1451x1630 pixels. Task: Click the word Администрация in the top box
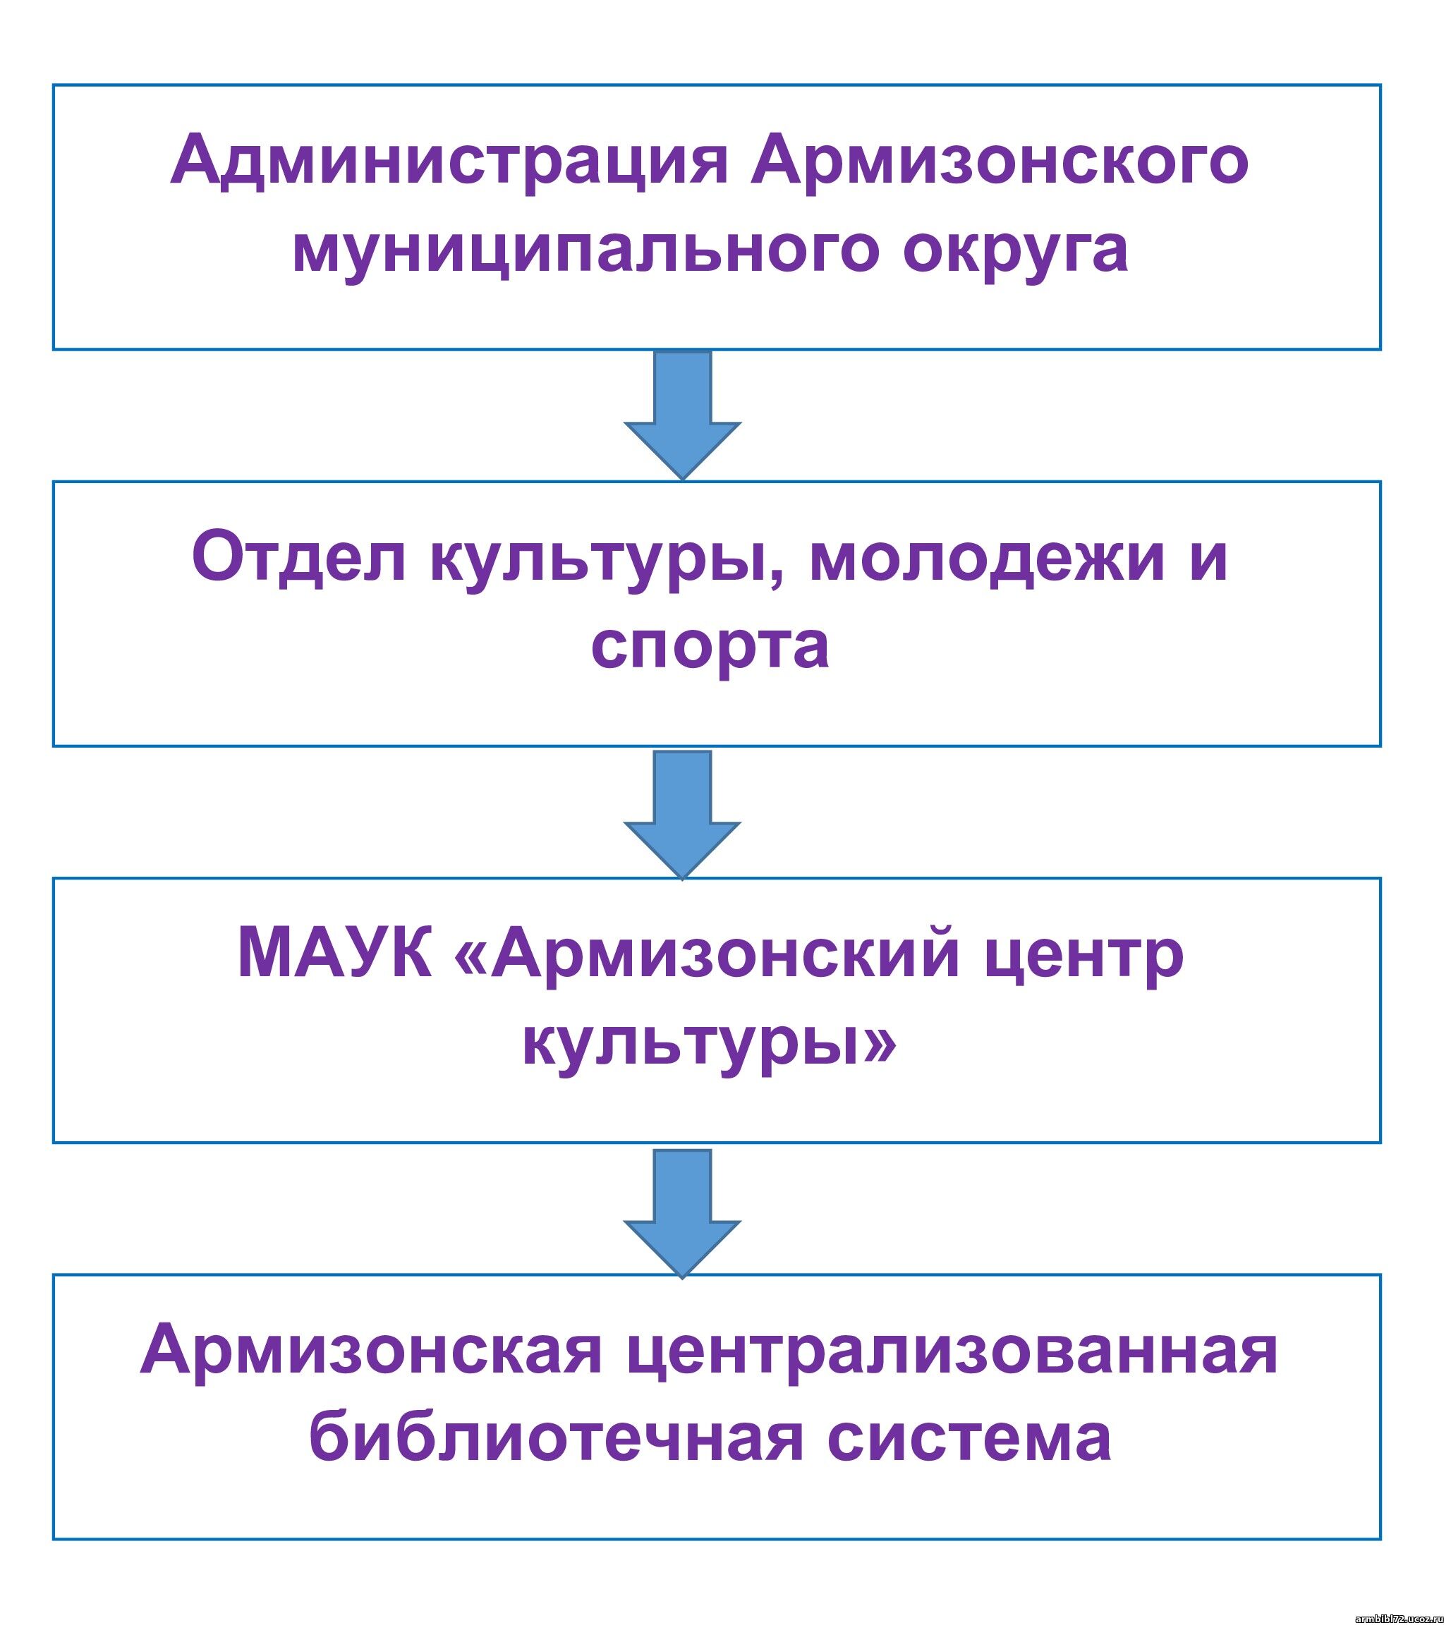point(449,161)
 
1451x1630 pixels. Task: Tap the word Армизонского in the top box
point(999,161)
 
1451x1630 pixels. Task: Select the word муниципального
point(586,250)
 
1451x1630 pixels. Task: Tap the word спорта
point(709,646)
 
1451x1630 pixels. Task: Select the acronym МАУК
point(335,954)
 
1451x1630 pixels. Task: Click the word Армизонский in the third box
point(724,954)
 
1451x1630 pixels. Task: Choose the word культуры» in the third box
point(709,1044)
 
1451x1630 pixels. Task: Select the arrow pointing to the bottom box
point(682,1210)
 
